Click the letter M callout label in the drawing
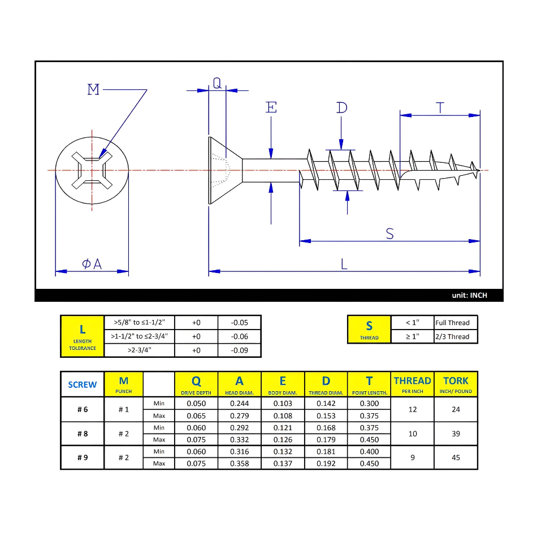tap(94, 89)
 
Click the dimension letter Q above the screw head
tap(217, 83)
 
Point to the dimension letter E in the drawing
tap(272, 107)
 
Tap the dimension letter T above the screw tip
tap(440, 107)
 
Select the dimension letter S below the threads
tap(389, 233)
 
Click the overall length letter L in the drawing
tap(344, 263)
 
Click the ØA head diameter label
tap(92, 263)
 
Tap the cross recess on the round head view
tap(92, 170)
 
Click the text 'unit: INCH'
tap(469, 296)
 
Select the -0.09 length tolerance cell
tap(240, 350)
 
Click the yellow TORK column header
tap(456, 384)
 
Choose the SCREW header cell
tap(83, 384)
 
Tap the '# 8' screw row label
tap(83, 434)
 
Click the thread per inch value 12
tap(413, 409)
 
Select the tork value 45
tap(456, 457)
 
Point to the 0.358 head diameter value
tap(240, 464)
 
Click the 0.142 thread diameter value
tap(326, 404)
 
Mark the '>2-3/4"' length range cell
tap(140, 350)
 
